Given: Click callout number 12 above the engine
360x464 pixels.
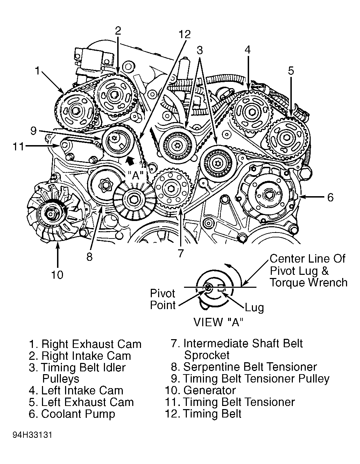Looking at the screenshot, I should (x=184, y=34).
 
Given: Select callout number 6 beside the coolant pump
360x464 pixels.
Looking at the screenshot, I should (x=330, y=198).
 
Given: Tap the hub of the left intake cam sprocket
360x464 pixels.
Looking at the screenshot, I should (x=252, y=112).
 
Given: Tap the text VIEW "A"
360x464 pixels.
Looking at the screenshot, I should (x=218, y=322).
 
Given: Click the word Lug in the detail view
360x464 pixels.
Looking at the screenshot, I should (x=254, y=308).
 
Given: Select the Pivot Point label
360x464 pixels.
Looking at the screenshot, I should (x=163, y=299).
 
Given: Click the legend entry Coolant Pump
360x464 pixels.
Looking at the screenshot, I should (x=78, y=414).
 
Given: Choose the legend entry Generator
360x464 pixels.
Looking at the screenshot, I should (x=209, y=390).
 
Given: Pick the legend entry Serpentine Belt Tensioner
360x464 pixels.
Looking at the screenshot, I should (x=250, y=367).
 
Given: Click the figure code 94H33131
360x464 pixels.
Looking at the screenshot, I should (x=33, y=435).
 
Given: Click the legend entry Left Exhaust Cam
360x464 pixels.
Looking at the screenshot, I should (x=87, y=402).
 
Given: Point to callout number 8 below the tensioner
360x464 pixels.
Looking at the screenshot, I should (x=90, y=257).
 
